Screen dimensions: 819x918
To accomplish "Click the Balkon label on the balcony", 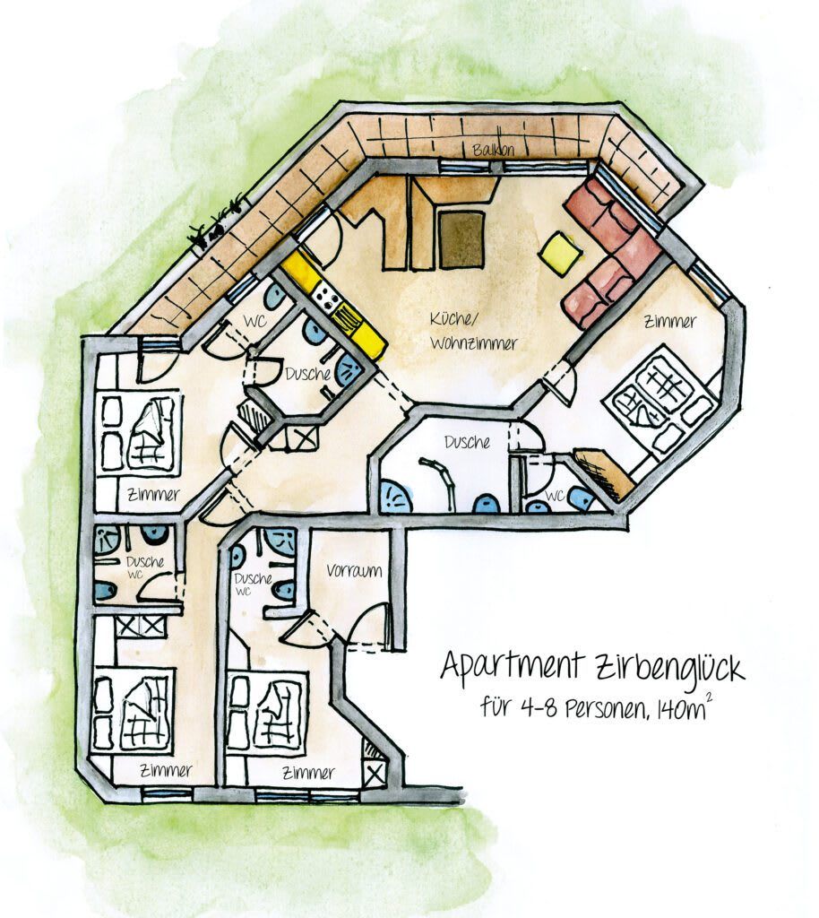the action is [493, 150].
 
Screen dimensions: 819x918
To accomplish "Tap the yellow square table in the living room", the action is [561, 254].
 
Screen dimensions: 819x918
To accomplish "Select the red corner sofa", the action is [609, 252].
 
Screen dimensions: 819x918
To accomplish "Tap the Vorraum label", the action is [354, 571].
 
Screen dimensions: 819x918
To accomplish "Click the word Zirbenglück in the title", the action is [669, 667].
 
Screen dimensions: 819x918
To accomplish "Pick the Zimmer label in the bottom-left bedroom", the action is [166, 770].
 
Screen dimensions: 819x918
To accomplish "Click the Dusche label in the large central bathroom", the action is [467, 442].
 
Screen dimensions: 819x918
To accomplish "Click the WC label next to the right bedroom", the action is [555, 497].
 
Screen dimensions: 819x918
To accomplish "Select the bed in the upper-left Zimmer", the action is [141, 431].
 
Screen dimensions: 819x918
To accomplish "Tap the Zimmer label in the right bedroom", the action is [670, 322].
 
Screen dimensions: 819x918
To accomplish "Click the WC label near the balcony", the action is [255, 322].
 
